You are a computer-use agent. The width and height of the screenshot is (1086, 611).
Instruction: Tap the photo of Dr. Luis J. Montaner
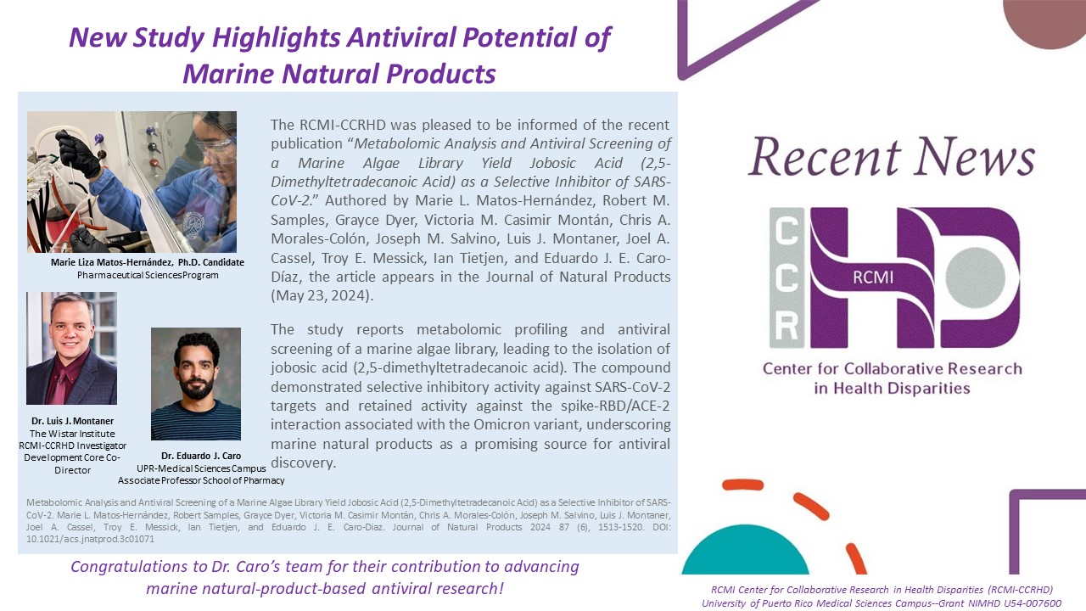pyautogui.click(x=72, y=348)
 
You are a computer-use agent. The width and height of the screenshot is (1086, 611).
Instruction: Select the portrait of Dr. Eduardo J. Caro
pyautogui.click(x=196, y=384)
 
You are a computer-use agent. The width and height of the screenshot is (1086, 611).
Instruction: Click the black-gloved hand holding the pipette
pyautogui.click(x=79, y=153)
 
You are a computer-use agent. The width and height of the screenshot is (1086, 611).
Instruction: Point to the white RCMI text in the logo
pyautogui.click(x=873, y=277)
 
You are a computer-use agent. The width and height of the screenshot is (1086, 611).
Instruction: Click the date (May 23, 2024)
pyautogui.click(x=322, y=296)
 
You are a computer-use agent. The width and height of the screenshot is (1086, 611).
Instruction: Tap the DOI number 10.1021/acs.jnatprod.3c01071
pyautogui.click(x=90, y=539)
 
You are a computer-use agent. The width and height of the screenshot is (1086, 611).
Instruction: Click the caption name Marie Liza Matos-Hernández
pyautogui.click(x=111, y=262)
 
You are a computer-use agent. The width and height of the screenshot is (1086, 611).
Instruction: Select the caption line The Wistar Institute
pyautogui.click(x=72, y=434)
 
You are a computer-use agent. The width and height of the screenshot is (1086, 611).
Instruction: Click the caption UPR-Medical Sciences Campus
pyautogui.click(x=201, y=468)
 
